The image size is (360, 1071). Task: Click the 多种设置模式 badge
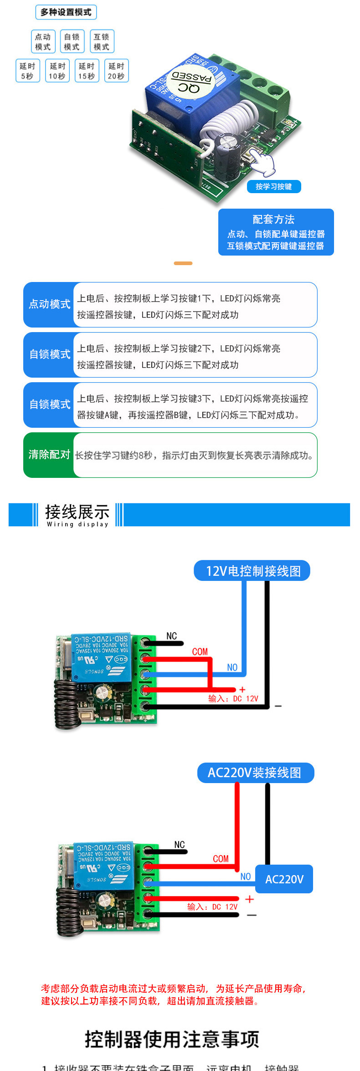(x=66, y=12)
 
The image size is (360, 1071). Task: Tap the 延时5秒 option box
(x=27, y=71)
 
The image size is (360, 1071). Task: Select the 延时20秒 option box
(x=116, y=71)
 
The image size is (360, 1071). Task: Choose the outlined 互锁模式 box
(x=102, y=42)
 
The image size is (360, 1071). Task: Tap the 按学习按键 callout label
(x=274, y=186)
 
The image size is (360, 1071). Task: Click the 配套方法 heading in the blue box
(x=274, y=220)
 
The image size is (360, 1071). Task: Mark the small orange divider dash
(x=183, y=263)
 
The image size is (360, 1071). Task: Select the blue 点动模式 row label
(x=49, y=304)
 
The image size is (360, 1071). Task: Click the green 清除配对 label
(x=49, y=455)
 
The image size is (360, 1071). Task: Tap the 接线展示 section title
(x=77, y=512)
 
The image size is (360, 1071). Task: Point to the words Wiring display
(x=77, y=524)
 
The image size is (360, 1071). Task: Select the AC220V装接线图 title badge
(x=256, y=773)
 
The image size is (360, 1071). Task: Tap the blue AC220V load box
(x=284, y=879)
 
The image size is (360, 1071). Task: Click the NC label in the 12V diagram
(x=172, y=636)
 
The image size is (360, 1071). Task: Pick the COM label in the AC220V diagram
(x=221, y=858)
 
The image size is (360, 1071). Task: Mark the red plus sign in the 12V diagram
(x=242, y=690)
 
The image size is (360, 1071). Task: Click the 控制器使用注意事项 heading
(x=172, y=1039)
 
